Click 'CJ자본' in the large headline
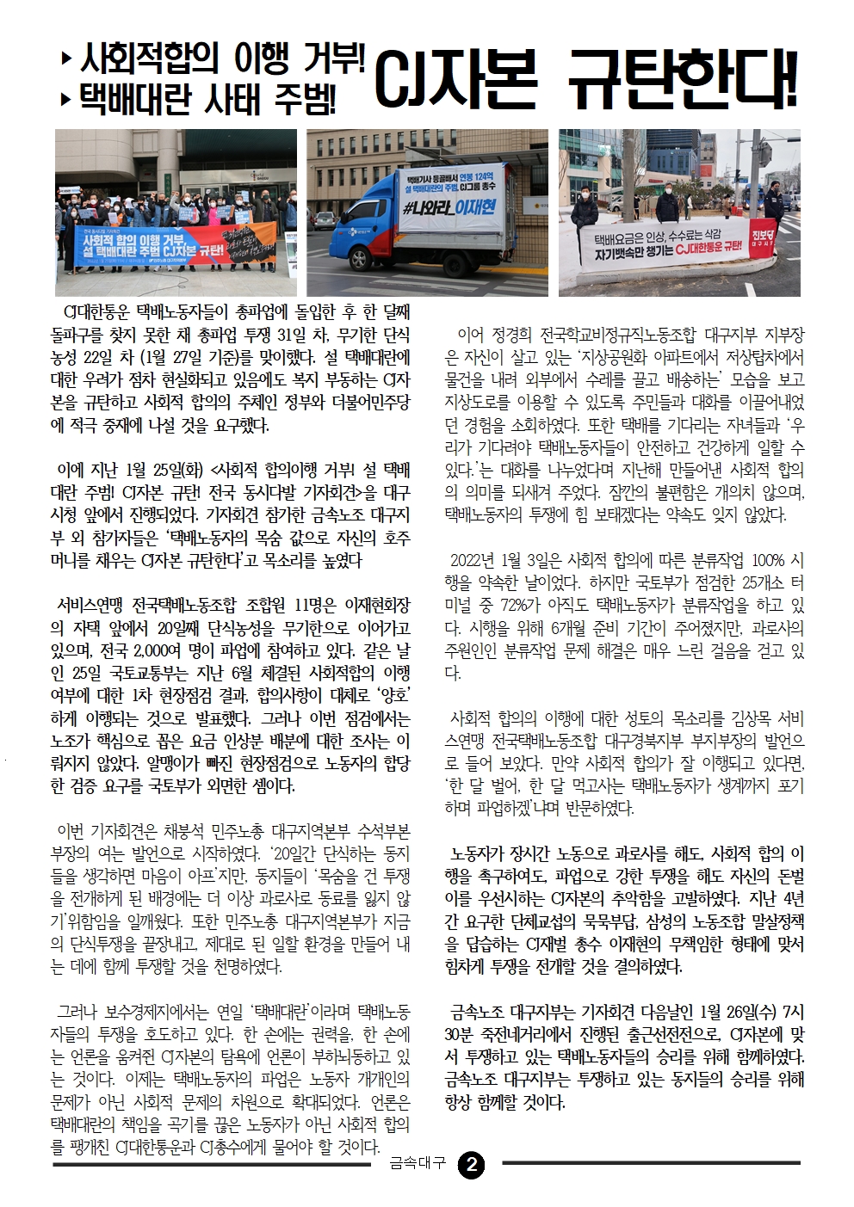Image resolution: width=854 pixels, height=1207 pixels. (x=455, y=80)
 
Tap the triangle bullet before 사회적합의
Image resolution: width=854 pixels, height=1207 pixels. (x=66, y=60)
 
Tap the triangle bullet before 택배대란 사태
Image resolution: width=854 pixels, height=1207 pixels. (x=66, y=100)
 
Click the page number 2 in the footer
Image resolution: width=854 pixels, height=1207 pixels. (x=471, y=1165)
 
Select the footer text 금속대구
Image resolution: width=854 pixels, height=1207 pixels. (x=418, y=1164)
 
